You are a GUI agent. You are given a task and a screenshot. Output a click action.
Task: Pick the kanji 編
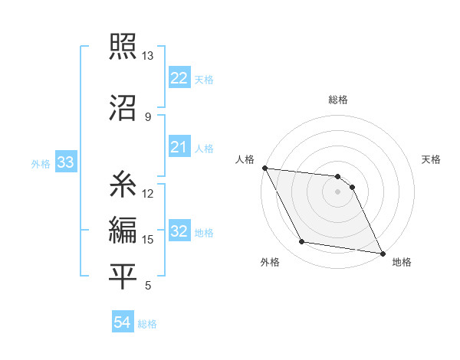click(123, 229)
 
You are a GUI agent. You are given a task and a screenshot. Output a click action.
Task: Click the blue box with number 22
click(179, 78)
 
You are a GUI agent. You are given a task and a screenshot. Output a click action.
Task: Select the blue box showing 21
click(179, 147)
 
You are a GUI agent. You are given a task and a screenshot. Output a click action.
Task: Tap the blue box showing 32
click(179, 231)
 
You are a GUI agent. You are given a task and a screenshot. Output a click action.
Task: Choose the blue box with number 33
click(65, 162)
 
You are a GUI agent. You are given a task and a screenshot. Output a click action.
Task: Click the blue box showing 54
click(122, 322)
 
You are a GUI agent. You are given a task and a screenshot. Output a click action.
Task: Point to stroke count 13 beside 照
click(147, 56)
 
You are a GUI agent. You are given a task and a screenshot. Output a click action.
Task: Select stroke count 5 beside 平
click(147, 286)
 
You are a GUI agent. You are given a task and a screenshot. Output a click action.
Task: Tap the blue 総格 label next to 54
click(147, 324)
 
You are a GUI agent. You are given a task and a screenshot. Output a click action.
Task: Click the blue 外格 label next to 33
click(41, 163)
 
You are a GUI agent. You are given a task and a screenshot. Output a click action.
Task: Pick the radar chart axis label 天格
click(432, 159)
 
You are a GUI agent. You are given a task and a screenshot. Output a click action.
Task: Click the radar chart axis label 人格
click(245, 159)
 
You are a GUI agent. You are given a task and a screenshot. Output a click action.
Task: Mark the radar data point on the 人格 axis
click(264, 168)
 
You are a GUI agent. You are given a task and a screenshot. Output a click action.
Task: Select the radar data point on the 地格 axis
click(382, 253)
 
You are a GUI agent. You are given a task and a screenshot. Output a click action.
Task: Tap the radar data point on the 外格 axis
click(302, 242)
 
